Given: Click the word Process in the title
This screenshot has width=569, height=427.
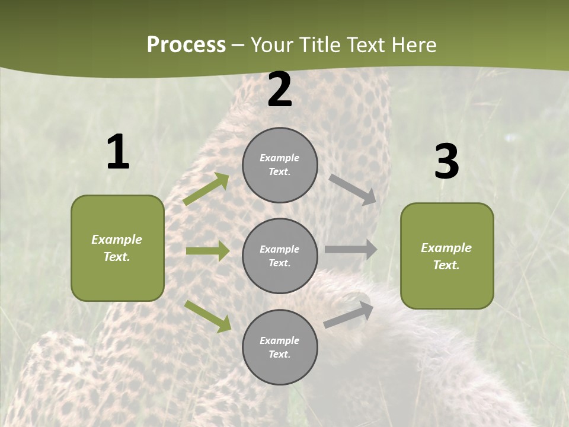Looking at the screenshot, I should point(186,45).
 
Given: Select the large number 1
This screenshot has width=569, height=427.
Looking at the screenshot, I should point(118,152).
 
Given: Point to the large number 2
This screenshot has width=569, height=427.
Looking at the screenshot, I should point(280,90).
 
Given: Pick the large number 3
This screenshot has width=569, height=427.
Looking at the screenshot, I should point(446,161).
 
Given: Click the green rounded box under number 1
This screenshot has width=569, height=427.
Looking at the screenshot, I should point(117,248).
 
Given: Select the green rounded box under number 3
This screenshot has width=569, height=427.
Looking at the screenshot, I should point(447,256).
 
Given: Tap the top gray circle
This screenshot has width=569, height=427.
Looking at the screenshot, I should point(280,165).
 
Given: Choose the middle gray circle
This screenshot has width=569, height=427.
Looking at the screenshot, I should point(280,256).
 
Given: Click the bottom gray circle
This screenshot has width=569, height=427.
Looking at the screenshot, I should point(280,347).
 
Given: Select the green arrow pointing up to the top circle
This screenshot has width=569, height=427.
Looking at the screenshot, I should point(206,189).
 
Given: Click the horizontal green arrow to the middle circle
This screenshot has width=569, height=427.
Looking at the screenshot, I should point(207,251).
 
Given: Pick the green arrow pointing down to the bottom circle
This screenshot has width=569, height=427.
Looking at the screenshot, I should point(207,316).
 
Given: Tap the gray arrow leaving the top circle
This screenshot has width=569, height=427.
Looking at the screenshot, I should point(353,189).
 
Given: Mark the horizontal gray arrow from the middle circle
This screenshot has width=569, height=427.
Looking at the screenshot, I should point(351,250).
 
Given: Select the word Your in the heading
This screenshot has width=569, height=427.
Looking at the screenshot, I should point(270,45).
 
